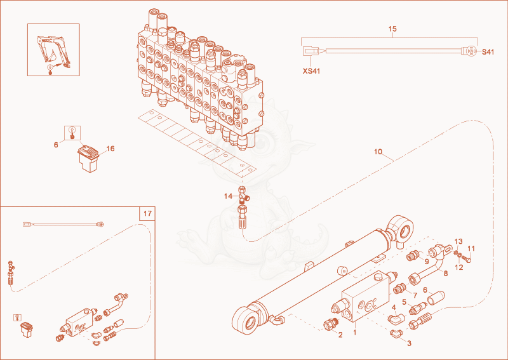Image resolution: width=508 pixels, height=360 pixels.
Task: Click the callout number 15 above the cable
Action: tap(392, 29)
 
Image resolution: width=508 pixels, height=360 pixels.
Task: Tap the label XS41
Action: tap(311, 71)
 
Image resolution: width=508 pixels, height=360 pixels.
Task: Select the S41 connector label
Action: tap(488, 52)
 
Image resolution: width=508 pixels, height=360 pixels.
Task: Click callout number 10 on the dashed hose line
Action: tap(378, 152)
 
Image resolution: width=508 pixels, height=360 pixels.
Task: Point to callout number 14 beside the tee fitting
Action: tap(229, 196)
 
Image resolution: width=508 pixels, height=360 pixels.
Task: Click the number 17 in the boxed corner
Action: tap(147, 213)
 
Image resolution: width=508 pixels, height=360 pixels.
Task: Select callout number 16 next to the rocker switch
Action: tap(110, 149)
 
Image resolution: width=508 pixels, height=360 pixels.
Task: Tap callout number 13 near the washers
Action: tap(458, 241)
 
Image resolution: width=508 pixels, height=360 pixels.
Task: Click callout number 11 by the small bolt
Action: tap(471, 248)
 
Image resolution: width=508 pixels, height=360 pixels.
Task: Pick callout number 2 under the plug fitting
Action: tap(340, 335)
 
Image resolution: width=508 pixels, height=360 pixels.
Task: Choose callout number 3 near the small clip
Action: tap(409, 343)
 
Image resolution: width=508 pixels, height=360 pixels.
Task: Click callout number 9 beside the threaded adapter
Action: tap(427, 262)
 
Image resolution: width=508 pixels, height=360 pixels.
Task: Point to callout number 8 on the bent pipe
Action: tap(446, 273)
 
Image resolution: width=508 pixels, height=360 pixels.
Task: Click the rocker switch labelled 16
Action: tap(88, 159)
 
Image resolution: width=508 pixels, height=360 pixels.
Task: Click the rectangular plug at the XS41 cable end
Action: tap(311, 51)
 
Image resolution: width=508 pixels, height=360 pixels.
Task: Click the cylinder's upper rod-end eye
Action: tap(401, 229)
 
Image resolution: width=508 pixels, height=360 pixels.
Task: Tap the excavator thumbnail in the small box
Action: tap(53, 50)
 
